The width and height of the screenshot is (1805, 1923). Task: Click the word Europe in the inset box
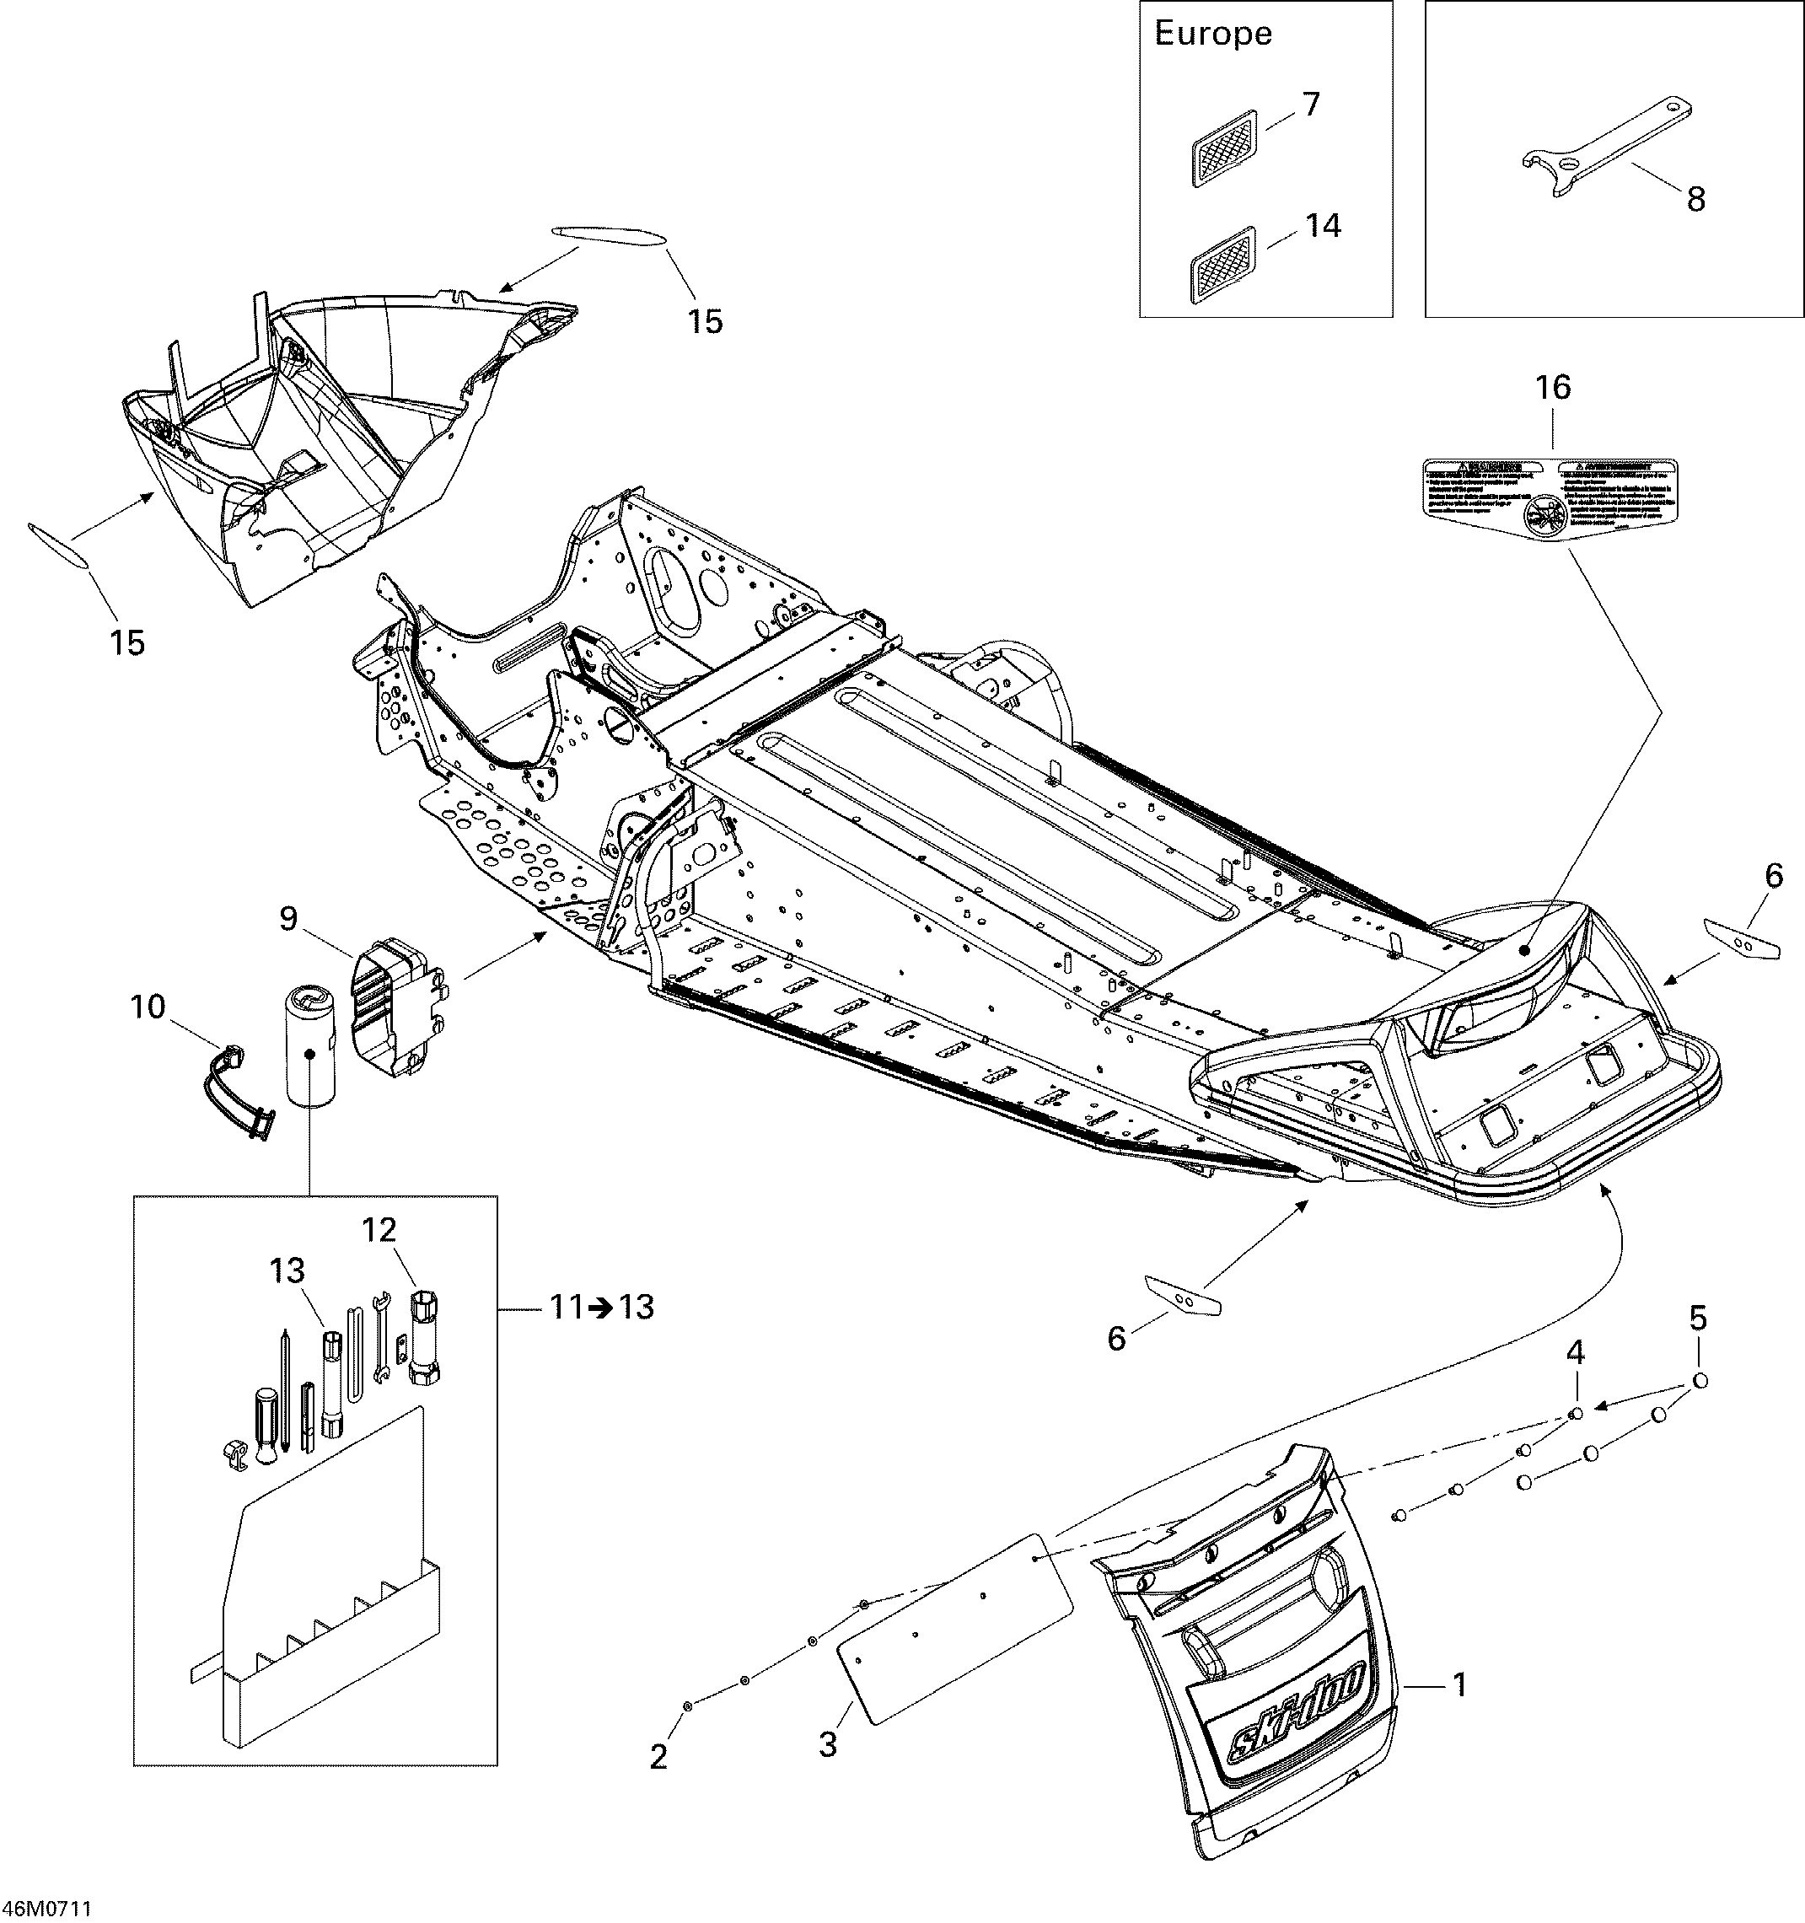point(1212,35)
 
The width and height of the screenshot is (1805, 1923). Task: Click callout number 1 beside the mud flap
point(1459,1685)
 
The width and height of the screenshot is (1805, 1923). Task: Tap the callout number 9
point(288,919)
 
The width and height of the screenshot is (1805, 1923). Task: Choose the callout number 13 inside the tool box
point(287,1270)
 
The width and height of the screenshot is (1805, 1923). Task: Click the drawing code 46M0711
point(46,1909)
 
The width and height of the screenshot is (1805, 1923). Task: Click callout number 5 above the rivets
point(1698,1318)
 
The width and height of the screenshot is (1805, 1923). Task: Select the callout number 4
point(1575,1351)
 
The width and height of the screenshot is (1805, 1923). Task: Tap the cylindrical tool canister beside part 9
point(309,1055)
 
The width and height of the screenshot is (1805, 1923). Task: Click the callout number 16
point(1554,388)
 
